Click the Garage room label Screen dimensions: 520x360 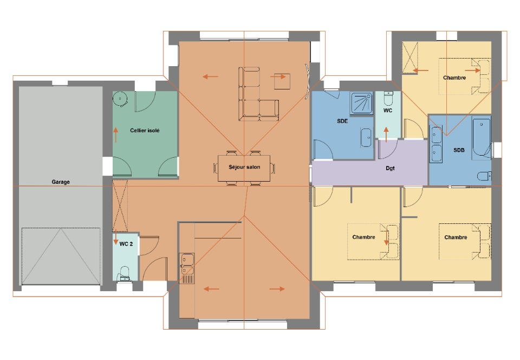(x=61, y=182)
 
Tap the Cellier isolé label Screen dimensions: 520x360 (x=145, y=131)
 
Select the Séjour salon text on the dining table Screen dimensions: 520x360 (x=244, y=167)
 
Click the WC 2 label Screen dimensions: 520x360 (x=126, y=244)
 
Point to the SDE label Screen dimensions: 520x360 (x=342, y=121)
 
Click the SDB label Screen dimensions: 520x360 (x=459, y=150)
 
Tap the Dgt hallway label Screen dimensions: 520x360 (x=391, y=168)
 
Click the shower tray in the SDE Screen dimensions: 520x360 (x=362, y=103)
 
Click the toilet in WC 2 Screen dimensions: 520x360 (x=125, y=273)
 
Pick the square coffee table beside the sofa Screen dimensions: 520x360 (x=282, y=81)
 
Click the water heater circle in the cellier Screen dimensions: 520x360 (x=120, y=99)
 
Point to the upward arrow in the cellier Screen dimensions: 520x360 (x=116, y=134)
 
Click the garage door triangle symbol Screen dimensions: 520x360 (x=61, y=256)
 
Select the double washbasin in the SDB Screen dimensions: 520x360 (x=436, y=144)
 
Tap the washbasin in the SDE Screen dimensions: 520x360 (x=366, y=137)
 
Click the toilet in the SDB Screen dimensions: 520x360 (x=484, y=176)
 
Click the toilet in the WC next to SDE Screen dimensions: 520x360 (x=388, y=98)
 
